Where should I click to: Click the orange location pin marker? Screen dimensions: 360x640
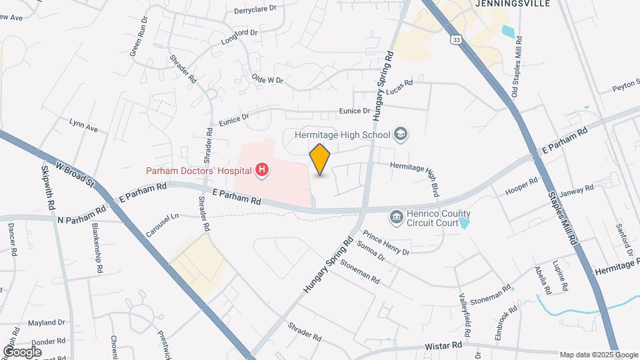point(320,159)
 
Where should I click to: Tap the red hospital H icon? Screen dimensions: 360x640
point(263,171)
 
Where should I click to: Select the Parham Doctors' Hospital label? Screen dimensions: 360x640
point(199,171)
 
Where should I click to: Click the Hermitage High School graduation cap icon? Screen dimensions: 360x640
point(401,135)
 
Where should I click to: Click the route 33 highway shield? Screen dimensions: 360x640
point(455,40)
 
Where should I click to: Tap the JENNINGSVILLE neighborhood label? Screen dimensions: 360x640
point(513,3)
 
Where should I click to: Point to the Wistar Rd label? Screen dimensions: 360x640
point(443,347)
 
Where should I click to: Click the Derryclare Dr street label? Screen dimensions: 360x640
point(255,11)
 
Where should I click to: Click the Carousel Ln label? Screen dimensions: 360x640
point(163,225)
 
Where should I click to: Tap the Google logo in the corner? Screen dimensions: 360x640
point(22,351)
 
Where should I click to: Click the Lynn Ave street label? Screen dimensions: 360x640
point(83,125)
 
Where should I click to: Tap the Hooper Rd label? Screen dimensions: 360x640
point(522,185)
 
